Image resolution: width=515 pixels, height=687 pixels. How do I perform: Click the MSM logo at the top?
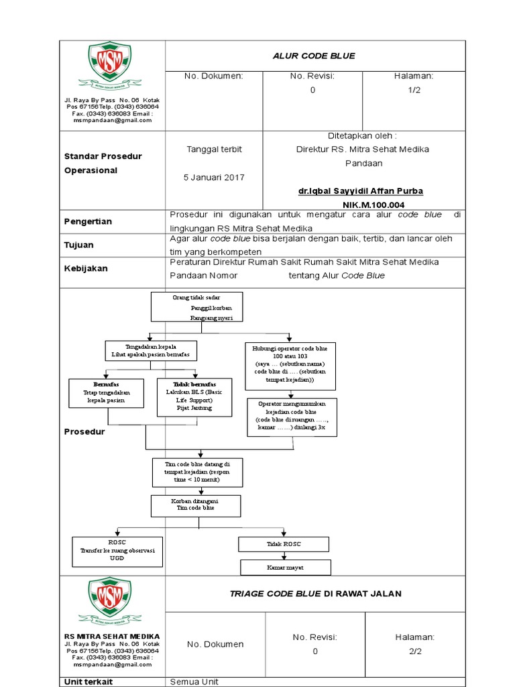point(109,67)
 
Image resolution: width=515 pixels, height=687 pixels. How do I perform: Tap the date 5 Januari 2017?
point(214,177)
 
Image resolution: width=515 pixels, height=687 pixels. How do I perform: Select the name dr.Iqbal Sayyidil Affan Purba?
point(361,191)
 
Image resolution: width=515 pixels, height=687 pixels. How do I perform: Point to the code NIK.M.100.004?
point(374,205)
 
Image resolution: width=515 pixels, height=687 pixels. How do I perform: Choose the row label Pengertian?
point(88,221)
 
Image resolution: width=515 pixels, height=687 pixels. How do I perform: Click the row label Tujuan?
point(79,245)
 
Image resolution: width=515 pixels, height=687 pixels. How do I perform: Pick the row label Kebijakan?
point(85,268)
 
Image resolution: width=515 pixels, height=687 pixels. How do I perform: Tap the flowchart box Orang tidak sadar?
point(197,307)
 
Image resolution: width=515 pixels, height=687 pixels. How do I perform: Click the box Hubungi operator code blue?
point(290,366)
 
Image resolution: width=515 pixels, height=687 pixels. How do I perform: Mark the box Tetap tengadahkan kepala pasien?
point(106,393)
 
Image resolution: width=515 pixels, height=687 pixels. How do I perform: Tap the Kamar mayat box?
point(286,568)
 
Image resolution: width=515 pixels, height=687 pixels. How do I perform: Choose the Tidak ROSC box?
point(284,544)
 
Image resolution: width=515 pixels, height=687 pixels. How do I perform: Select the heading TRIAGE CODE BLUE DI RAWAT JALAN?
point(315,594)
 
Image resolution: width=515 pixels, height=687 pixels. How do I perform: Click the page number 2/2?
point(414,651)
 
